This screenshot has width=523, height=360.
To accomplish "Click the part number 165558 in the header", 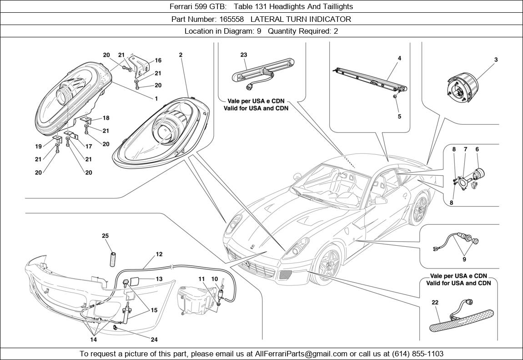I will (x=232, y=19).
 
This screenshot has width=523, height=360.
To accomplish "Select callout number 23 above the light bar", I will (x=244, y=55).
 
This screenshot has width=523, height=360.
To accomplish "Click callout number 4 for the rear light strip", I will (x=399, y=58).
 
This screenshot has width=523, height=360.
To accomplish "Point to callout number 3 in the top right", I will (x=496, y=60).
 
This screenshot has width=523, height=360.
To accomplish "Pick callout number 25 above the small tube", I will (x=105, y=236).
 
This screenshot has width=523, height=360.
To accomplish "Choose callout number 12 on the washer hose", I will (x=159, y=254).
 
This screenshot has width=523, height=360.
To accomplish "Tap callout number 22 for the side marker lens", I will (x=435, y=302).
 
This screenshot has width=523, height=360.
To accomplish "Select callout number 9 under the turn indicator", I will (x=464, y=259).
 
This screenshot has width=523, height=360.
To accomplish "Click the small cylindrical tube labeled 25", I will (x=112, y=258).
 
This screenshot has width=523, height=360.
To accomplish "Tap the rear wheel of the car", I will (x=419, y=209).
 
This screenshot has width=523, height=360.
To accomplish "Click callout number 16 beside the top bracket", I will (x=158, y=61).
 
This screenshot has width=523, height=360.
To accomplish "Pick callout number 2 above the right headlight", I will (x=181, y=55).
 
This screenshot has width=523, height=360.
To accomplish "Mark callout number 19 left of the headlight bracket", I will (x=40, y=147).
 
